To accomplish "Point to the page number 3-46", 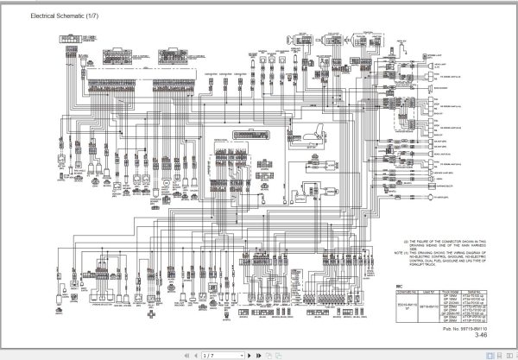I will coord(480,336).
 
